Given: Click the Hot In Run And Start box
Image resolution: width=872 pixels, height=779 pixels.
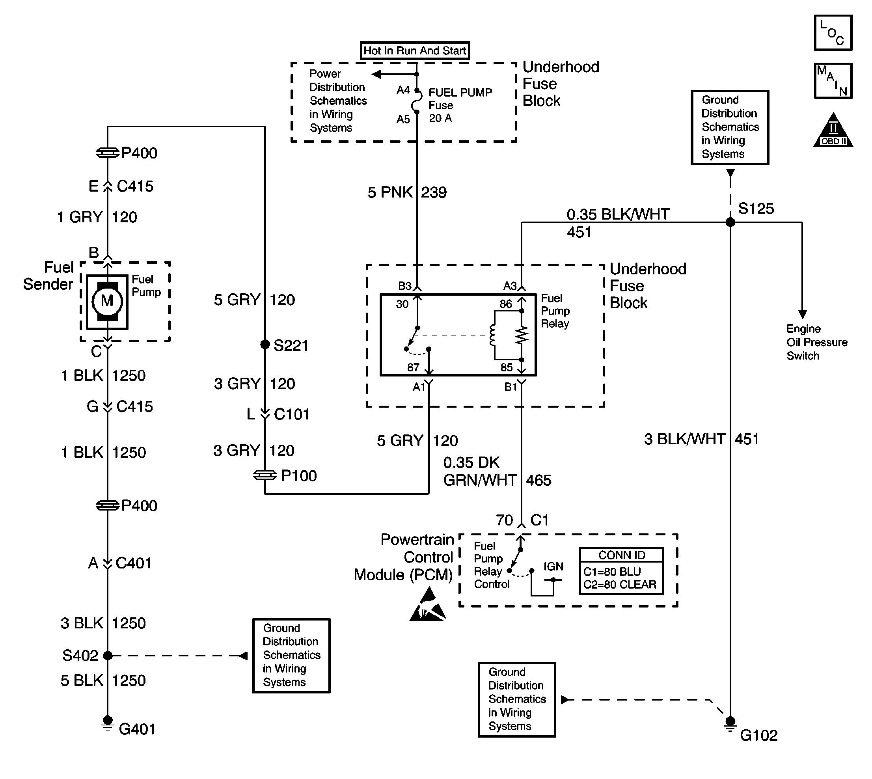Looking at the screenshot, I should click(414, 50).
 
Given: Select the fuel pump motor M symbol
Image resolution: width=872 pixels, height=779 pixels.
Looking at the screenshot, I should click(107, 301).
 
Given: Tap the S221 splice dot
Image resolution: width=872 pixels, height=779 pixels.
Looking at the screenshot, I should click(265, 344).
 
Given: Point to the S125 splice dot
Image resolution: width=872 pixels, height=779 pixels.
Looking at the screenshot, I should click(730, 222).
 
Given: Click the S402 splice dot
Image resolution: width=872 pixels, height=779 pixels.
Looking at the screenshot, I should click(108, 655).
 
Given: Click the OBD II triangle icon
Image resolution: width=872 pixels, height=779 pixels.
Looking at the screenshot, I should click(833, 132).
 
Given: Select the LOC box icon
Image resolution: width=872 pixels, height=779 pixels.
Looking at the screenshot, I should click(833, 33).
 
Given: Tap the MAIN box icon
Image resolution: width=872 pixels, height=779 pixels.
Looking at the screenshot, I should click(833, 81).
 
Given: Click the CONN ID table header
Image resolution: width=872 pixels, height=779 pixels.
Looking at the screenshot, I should click(621, 555).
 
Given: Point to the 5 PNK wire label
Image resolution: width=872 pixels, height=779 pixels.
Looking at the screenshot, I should click(390, 193).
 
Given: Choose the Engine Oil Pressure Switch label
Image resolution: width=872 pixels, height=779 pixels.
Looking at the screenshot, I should click(816, 343).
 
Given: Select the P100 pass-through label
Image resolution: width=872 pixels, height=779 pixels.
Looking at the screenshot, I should click(298, 475).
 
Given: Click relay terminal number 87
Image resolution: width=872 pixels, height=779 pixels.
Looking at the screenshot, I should click(413, 367).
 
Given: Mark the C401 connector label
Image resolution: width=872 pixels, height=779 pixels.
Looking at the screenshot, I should click(133, 563).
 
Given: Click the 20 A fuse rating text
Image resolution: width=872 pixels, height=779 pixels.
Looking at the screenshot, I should click(440, 118).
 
